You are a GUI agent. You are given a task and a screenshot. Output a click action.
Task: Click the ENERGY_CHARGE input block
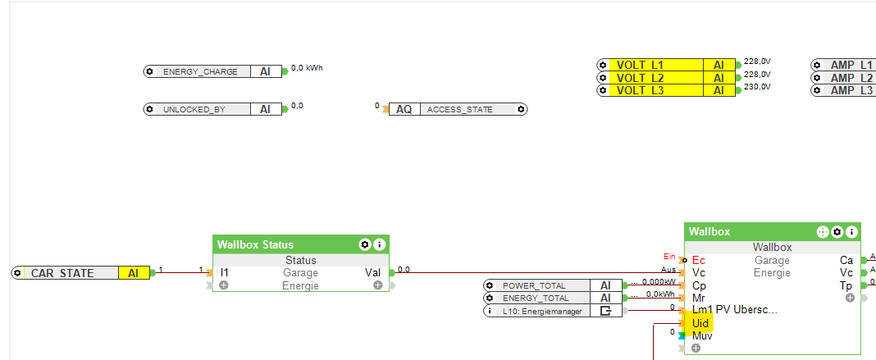[x=200, y=71]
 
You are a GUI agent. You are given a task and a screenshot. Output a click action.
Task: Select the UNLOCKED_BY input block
[x=194, y=109]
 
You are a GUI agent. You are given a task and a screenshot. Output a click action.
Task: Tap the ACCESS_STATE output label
[x=460, y=109]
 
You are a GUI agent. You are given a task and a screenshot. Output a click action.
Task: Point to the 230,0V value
[x=757, y=86]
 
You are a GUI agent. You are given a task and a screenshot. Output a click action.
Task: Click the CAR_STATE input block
[x=63, y=273]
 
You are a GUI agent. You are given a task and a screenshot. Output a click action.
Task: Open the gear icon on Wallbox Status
[x=365, y=244]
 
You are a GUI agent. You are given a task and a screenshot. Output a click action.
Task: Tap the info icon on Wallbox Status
[x=379, y=244]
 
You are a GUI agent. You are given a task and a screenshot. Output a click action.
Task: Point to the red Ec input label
[x=698, y=260]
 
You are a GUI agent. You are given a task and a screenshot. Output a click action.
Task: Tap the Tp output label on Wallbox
[x=846, y=285]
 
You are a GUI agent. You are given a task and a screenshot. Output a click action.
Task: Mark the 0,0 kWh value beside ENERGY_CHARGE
[x=307, y=68]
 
